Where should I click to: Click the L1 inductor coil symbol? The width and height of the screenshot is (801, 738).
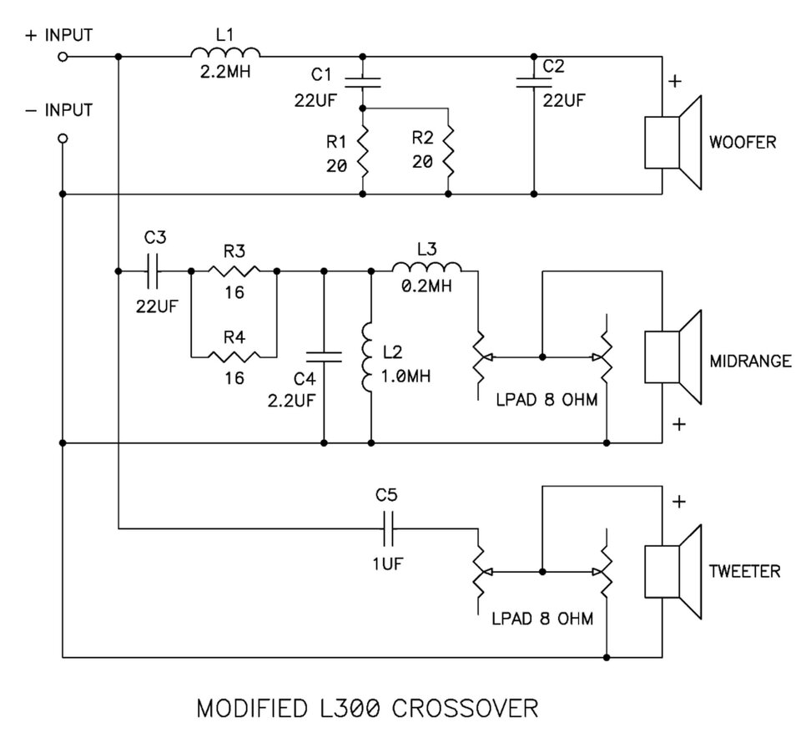tap(225, 52)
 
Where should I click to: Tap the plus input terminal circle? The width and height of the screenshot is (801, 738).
tap(63, 57)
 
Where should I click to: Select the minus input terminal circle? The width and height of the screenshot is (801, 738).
tap(63, 138)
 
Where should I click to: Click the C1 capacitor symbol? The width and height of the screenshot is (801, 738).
tap(363, 83)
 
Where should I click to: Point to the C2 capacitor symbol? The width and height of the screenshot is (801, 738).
tap(534, 83)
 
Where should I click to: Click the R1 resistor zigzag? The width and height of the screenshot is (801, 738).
tap(363, 151)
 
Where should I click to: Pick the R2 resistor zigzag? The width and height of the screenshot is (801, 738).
tap(448, 151)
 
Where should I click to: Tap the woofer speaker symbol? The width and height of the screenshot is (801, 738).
tap(673, 143)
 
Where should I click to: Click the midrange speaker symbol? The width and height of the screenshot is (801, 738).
tap(673, 357)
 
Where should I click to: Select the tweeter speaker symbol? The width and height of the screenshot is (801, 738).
tap(673, 571)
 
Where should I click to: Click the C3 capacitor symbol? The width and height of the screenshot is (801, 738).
tap(153, 270)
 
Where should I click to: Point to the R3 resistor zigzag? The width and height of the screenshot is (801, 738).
tap(234, 270)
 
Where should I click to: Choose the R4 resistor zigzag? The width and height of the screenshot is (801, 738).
tap(234, 356)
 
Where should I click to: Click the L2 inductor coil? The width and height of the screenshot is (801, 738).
tap(367, 357)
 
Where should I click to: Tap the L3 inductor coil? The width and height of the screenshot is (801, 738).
tap(426, 267)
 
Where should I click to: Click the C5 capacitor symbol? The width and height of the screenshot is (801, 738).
tap(388, 528)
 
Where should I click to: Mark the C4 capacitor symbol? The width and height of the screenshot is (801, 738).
tap(324, 356)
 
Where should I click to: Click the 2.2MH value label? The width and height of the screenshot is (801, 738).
tap(225, 72)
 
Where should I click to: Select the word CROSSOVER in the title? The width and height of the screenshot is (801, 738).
tap(465, 709)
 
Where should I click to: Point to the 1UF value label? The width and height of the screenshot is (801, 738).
tap(388, 564)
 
